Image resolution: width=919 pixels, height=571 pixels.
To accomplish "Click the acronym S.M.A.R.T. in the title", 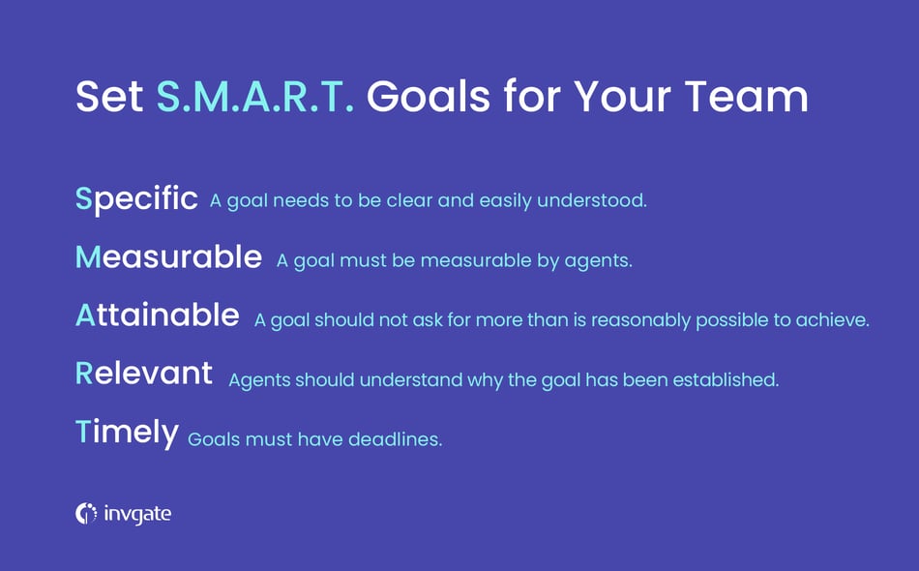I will pyautogui.click(x=254, y=97).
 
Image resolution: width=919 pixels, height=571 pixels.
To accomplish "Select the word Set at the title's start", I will pyautogui.click(x=109, y=97).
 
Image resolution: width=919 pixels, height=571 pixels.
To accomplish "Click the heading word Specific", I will pyautogui.click(x=136, y=199).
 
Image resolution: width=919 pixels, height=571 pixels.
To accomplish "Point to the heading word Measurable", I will pyautogui.click(x=168, y=257).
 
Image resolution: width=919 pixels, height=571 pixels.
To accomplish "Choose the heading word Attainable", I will pyautogui.click(x=157, y=316).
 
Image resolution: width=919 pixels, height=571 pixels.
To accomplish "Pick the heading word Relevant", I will pyautogui.click(x=144, y=374).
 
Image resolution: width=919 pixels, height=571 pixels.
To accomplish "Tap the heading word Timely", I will pyautogui.click(x=127, y=433).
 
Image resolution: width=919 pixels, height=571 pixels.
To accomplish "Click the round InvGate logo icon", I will pyautogui.click(x=86, y=514).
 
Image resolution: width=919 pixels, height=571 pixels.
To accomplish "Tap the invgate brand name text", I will pyautogui.click(x=137, y=514).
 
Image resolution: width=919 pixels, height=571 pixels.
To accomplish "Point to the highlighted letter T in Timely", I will pyautogui.click(x=82, y=433).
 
